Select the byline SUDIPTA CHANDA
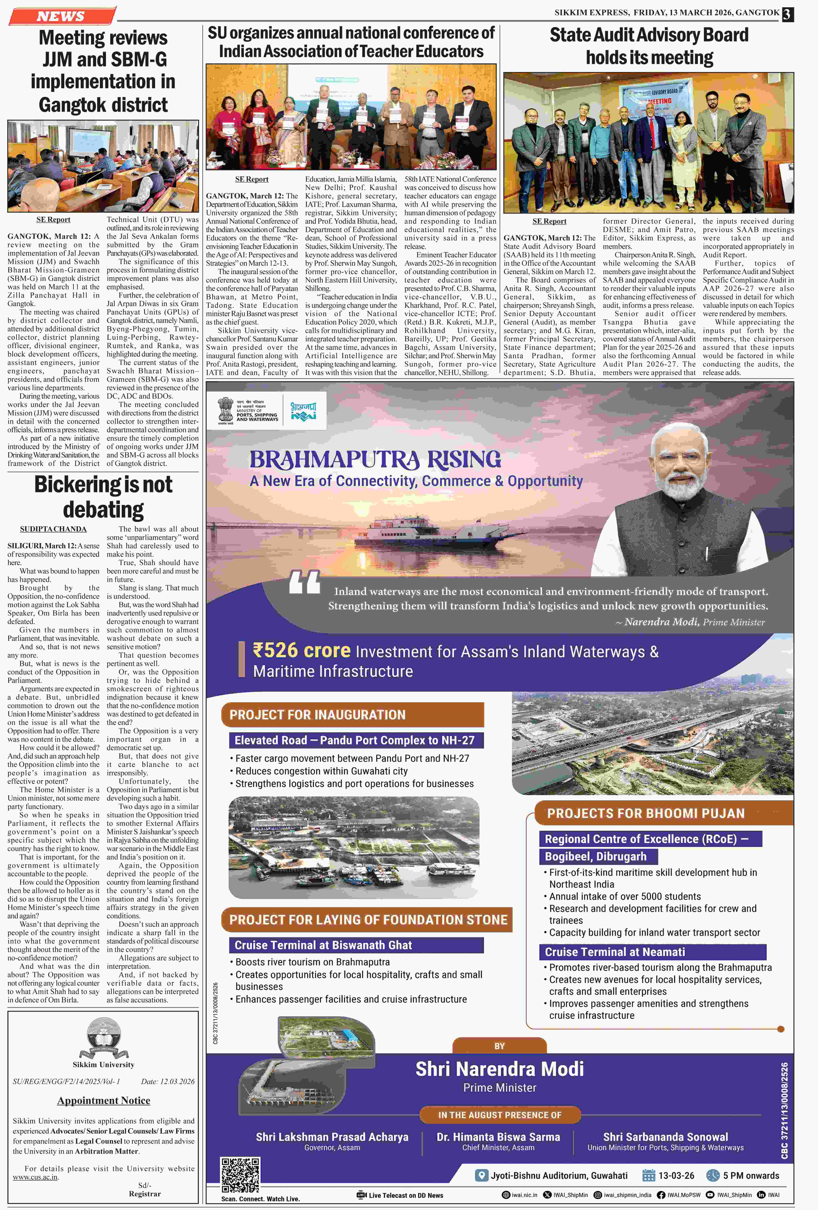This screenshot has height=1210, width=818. click(53, 529)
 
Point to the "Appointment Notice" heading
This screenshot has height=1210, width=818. click(104, 1100)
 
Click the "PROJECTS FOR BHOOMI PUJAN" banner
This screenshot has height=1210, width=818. click(646, 813)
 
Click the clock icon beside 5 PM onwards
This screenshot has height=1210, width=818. click(712, 1175)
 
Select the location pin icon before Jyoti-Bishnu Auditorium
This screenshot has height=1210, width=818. click(482, 1175)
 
